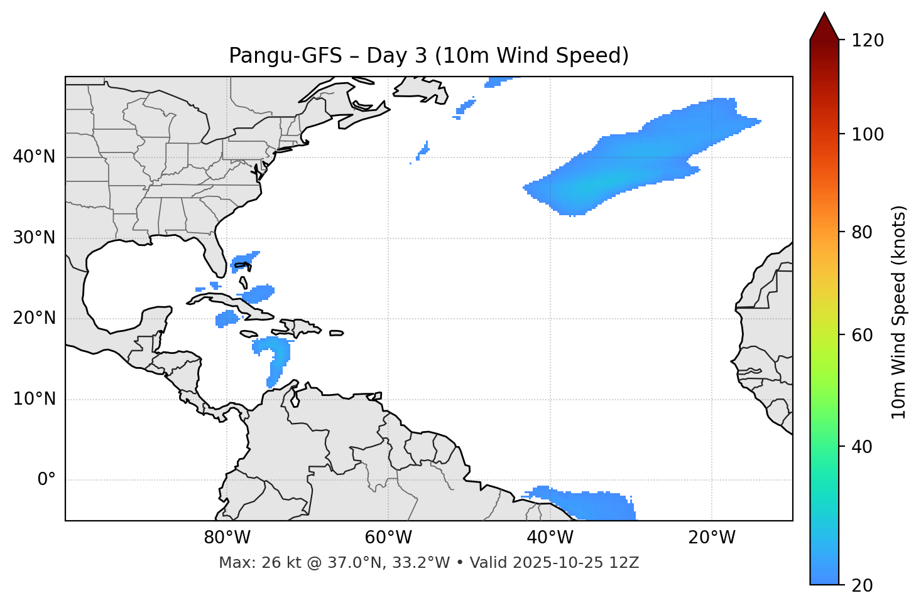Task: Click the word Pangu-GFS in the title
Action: [285, 56]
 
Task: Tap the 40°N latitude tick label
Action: [34, 157]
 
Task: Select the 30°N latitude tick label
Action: [34, 238]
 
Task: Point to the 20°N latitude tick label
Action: [34, 318]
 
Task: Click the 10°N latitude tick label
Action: [34, 399]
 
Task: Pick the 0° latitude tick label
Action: [46, 480]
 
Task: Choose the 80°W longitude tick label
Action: [227, 538]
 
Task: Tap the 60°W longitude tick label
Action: [388, 538]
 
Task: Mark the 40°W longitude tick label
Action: [550, 538]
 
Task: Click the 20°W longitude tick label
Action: [712, 538]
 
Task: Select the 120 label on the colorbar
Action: [868, 41]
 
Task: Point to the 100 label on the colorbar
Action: [868, 134]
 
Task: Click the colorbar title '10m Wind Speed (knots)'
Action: [899, 312]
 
